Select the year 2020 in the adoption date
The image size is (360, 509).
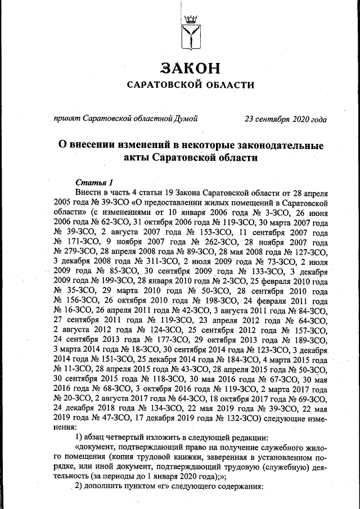[x=300, y=119]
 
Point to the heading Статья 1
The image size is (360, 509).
[x=94, y=182]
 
